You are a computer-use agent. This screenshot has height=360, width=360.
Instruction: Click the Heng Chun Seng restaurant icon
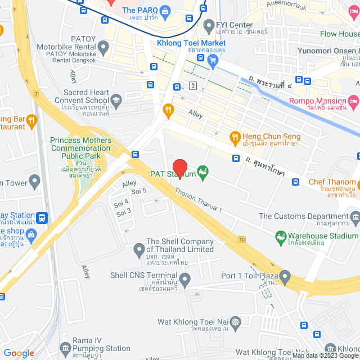236,136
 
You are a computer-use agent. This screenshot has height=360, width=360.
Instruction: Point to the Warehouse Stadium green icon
280,238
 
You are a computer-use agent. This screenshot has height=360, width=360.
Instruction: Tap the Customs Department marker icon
355,217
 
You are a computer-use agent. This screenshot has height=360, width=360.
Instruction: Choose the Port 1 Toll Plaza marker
285,276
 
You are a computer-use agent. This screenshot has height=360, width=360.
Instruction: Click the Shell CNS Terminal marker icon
184,277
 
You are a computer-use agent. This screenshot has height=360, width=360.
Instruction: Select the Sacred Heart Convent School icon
116,100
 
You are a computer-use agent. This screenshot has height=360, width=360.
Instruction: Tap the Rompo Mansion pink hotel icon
353,101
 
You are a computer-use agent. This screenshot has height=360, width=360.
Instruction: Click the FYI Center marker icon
208,25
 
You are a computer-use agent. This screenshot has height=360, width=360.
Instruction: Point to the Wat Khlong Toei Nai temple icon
235,322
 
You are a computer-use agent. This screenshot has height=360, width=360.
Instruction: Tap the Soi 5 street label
138,191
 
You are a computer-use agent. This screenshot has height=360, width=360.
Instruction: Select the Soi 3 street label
123,211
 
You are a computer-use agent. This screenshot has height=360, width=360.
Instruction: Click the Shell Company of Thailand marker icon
139,248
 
